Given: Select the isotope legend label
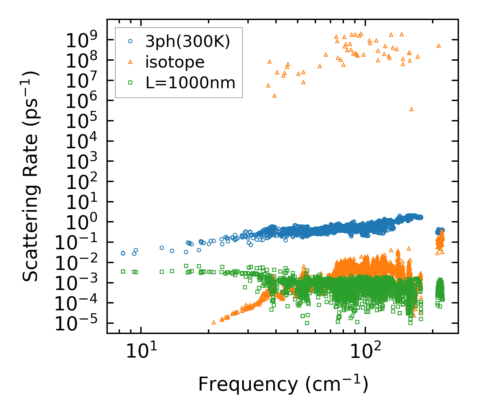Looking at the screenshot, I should (175, 62).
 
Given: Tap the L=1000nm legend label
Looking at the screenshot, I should (191, 83).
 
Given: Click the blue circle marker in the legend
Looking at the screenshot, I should (130, 41).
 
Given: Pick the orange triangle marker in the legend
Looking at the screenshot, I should (130, 62).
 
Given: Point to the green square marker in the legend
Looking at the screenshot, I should (130, 83).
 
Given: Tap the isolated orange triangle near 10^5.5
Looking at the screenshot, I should (411, 109).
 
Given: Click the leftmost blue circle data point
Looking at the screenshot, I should (123, 253).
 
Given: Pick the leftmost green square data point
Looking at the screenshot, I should (123, 271).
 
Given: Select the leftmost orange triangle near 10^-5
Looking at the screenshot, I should (214, 322).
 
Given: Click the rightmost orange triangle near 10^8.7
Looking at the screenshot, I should (439, 46).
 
